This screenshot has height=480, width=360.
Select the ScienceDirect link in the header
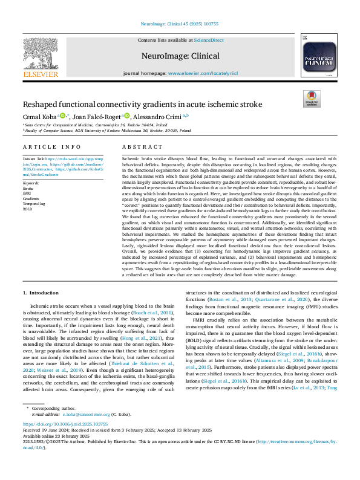tap(209, 40)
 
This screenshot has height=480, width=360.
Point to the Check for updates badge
tap(311, 99)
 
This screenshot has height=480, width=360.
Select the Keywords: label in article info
tap(31, 183)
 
